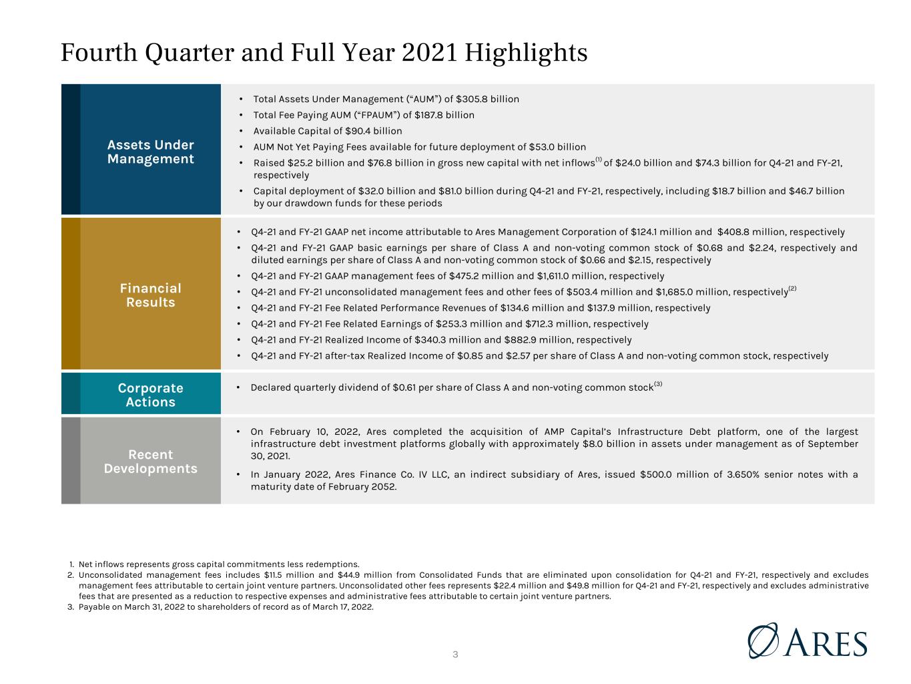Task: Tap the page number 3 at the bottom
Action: pos(455,655)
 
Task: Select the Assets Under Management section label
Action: pos(151,152)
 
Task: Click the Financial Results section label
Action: pos(151,295)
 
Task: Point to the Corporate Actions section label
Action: pos(151,395)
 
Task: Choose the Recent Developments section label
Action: pos(151,461)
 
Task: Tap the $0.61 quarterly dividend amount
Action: pos(404,387)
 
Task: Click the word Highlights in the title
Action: pos(526,53)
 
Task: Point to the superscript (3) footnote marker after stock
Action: pos(658,384)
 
